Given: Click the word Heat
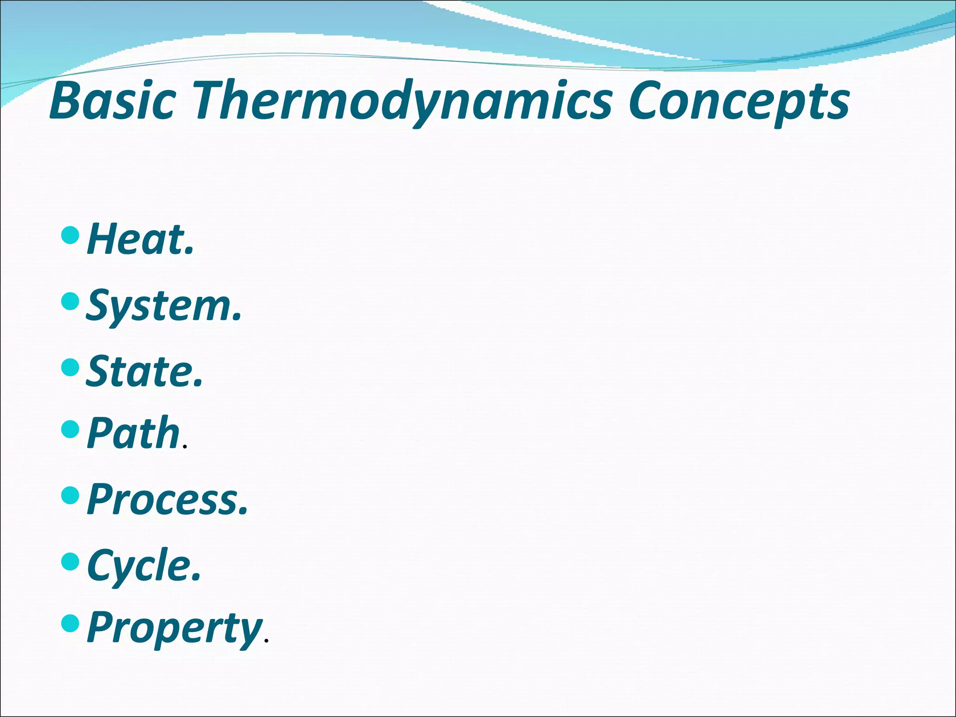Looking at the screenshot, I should [135, 239].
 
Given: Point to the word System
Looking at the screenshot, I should [159, 306].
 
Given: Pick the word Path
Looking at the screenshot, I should [133, 434].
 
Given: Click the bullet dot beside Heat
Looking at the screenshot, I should [70, 235].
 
